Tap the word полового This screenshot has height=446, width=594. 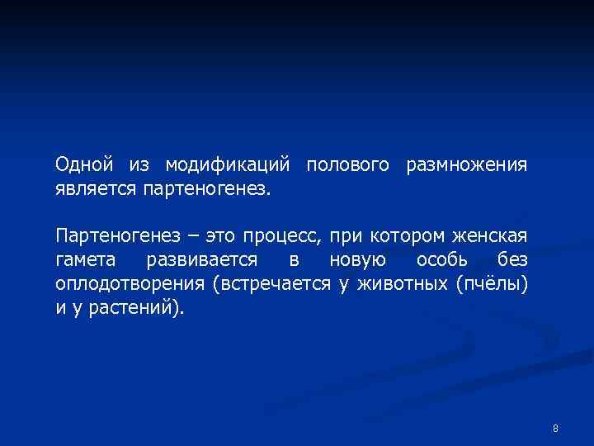[x=347, y=165]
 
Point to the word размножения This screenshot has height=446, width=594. [x=465, y=165]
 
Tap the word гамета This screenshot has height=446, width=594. [x=86, y=261]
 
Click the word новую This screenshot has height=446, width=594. [x=355, y=261]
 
